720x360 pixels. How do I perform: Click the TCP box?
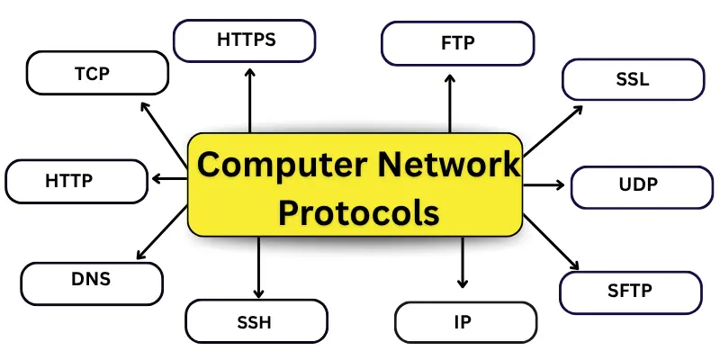[x=98, y=73]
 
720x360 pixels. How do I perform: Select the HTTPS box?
[x=245, y=40]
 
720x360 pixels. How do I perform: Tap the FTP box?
[x=458, y=42]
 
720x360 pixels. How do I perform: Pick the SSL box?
[x=632, y=79]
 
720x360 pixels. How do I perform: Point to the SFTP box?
[x=630, y=291]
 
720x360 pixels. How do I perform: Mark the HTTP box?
[x=75, y=180]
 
